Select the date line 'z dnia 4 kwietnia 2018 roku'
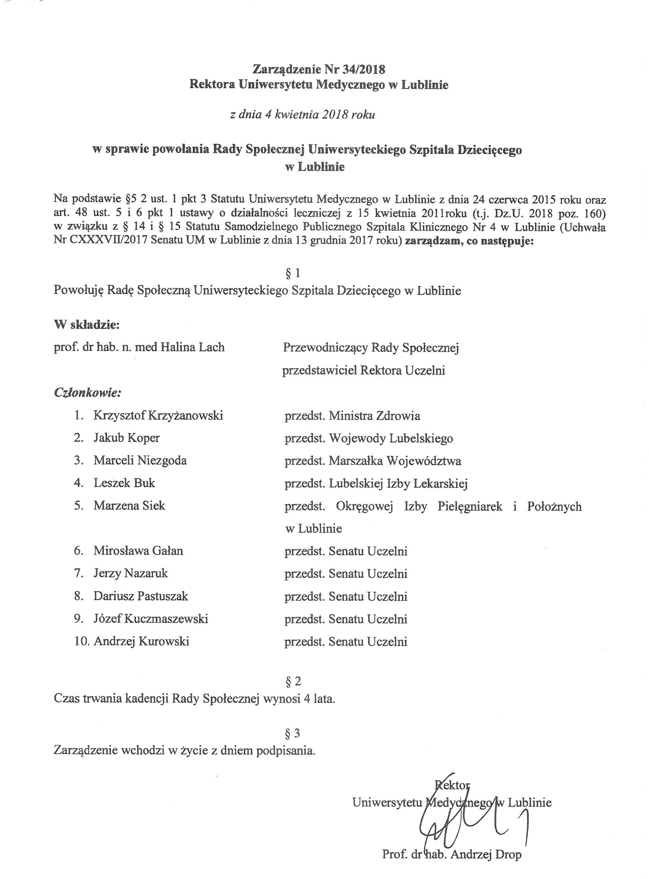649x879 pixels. coord(302,115)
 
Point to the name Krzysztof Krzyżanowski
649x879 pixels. coord(158,415)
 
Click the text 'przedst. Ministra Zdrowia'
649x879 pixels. coord(352,415)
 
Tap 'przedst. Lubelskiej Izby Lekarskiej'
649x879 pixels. coord(376,483)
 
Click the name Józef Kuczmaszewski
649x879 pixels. coord(151,619)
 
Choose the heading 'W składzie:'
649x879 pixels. coord(86,325)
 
